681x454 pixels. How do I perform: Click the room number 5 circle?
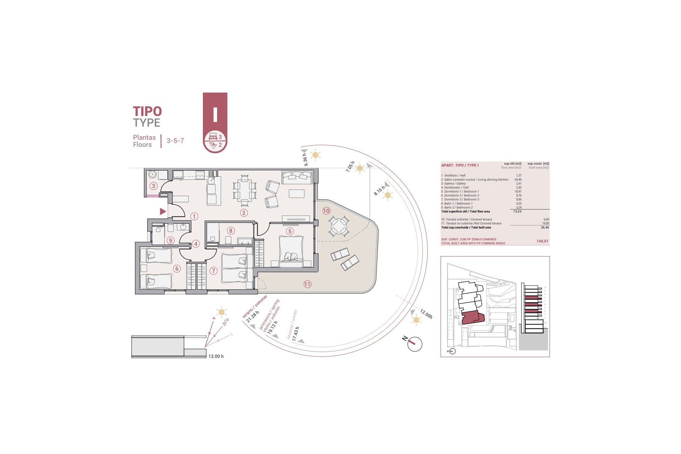tap(290, 232)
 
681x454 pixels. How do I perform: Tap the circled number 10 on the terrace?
tap(326, 211)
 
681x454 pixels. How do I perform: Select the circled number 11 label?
tap(307, 284)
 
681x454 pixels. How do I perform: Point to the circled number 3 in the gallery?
tap(153, 186)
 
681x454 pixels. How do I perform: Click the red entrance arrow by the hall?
tap(163, 212)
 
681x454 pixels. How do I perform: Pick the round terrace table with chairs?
tap(338, 226)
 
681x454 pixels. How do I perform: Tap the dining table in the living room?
tap(244, 190)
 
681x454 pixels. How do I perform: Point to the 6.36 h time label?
tap(305, 159)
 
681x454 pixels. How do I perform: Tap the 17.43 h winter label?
tap(295, 334)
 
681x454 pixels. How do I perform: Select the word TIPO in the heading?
tap(147, 111)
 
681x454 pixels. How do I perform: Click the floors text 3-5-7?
tap(175, 141)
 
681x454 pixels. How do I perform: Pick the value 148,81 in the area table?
tap(542, 241)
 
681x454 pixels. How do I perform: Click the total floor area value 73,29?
tap(517, 211)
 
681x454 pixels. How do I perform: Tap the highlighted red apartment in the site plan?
tap(472, 317)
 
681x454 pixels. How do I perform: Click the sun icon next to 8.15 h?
tap(388, 195)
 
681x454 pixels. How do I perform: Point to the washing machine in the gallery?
tap(153, 175)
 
